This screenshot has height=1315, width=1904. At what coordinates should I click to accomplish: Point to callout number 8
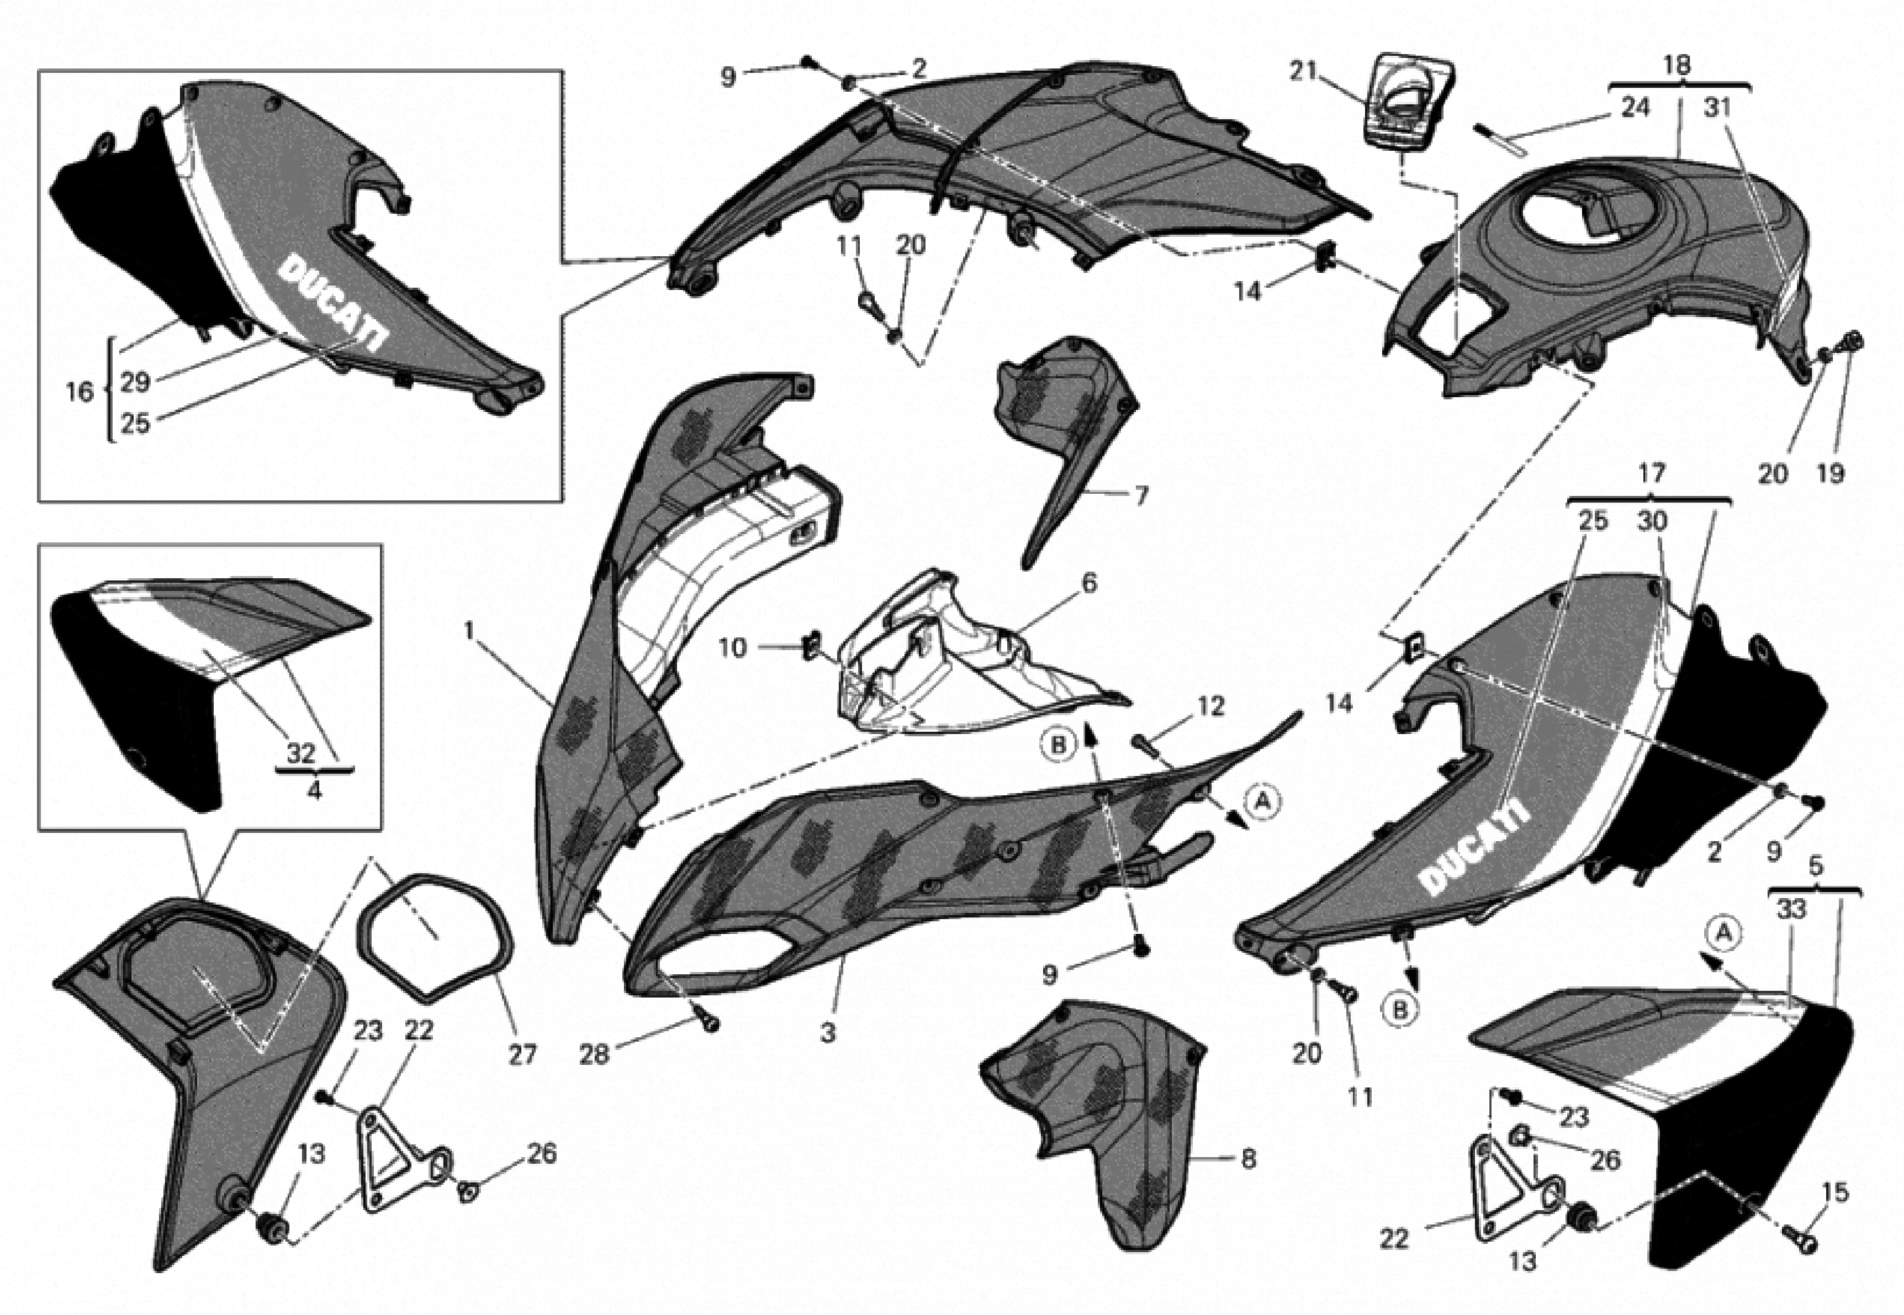click(x=1248, y=1159)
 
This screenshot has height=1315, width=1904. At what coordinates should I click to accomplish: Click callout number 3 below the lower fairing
click(x=827, y=1032)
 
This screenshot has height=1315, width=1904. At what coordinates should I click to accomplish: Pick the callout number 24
click(x=1635, y=107)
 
